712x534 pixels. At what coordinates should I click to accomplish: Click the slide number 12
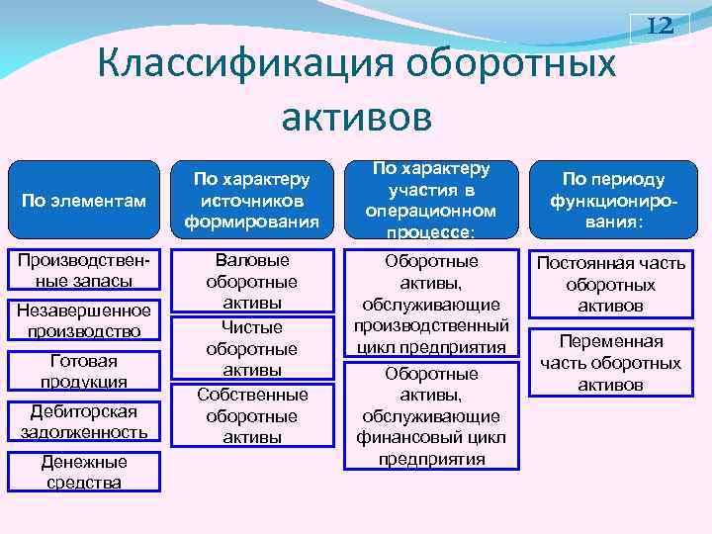[x=660, y=27]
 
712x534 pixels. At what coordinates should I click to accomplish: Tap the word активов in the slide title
[x=356, y=116]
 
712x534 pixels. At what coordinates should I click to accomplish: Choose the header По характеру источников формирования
[x=251, y=201]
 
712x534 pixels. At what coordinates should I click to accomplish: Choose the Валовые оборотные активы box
[x=251, y=281]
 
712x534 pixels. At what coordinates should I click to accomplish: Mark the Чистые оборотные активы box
[x=251, y=347]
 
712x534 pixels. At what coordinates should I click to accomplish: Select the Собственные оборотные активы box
[x=251, y=414]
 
